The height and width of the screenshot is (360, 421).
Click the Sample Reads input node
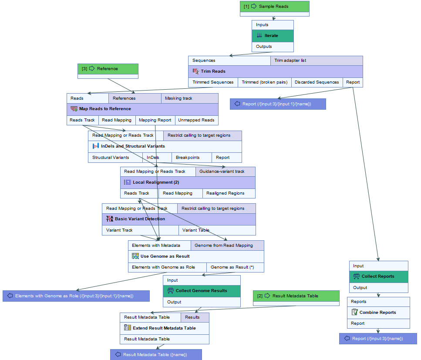click(274, 7)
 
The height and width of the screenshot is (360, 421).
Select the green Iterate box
click(273, 36)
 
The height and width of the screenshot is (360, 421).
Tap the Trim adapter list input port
click(317, 61)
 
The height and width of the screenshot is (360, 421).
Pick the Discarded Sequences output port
click(317, 82)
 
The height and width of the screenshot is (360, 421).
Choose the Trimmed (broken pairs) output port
click(264, 82)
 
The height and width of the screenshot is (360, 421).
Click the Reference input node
click(108, 69)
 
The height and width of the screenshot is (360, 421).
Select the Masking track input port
click(189, 98)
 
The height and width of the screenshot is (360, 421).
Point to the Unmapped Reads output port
click(196, 120)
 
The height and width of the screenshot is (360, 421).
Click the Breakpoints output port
click(192, 158)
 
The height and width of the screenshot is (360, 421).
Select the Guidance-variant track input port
click(225, 172)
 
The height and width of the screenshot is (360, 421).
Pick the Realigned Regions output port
click(229, 193)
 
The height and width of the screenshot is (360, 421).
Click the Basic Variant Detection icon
click(109, 219)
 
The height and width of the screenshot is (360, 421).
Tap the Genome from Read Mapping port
click(227, 246)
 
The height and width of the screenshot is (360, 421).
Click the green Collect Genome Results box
click(202, 291)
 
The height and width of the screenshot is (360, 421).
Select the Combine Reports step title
click(378, 313)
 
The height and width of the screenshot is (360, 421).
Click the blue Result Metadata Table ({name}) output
click(156, 355)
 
